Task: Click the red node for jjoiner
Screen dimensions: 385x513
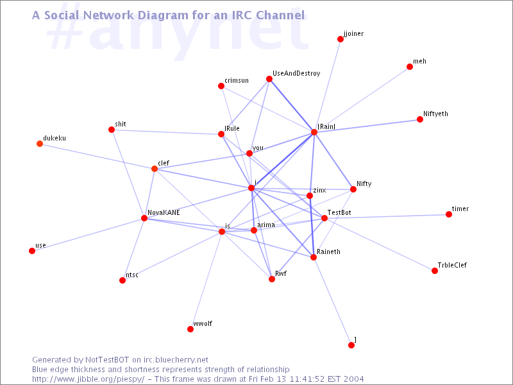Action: point(341,39)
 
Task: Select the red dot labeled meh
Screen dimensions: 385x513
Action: point(410,67)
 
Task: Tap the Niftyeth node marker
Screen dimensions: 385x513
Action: point(420,119)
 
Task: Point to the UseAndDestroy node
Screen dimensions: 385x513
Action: point(269,79)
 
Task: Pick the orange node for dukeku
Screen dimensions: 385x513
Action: point(40,144)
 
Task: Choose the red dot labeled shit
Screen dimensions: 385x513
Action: point(112,130)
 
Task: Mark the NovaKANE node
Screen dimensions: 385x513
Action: point(144,218)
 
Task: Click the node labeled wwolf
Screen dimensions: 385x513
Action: point(190,329)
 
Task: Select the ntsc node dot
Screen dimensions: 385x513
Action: point(122,280)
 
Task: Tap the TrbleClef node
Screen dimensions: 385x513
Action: point(435,271)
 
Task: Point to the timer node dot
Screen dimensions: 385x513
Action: point(449,214)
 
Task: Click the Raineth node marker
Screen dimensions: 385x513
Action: point(314,257)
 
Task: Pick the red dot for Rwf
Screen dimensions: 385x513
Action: point(272,279)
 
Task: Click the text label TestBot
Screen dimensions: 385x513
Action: point(339,212)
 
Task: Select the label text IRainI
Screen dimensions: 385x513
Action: point(326,127)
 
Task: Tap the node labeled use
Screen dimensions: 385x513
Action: point(32,251)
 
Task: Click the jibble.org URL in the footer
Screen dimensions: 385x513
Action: point(90,379)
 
